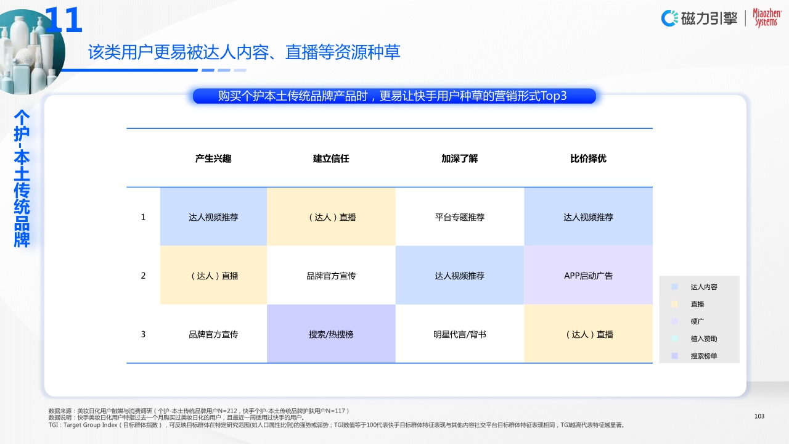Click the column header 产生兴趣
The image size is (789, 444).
[x=213, y=158]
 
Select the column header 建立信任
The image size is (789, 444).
[x=331, y=158]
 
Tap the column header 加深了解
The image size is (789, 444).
[x=459, y=158]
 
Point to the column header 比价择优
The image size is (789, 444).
[x=588, y=158]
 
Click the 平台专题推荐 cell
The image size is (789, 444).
[x=459, y=217]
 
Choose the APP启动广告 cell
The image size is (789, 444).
[x=588, y=276]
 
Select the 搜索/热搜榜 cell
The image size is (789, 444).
[x=331, y=334]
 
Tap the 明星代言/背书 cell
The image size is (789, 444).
[x=459, y=334]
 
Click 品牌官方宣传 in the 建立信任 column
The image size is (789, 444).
[x=331, y=276]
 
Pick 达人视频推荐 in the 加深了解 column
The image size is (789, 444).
[x=459, y=276]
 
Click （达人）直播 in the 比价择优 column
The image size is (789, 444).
[x=588, y=334]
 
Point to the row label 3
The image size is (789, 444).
[x=143, y=334]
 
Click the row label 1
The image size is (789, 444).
[x=143, y=217]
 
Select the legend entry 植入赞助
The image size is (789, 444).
[x=703, y=339]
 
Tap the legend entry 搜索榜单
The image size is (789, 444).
[x=703, y=356]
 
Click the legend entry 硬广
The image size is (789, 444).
[x=697, y=321]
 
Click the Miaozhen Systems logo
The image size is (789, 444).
[x=766, y=18]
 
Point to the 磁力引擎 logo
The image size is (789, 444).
[x=700, y=18]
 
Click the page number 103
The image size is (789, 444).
[x=759, y=416]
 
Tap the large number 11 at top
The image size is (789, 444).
[x=64, y=21]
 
